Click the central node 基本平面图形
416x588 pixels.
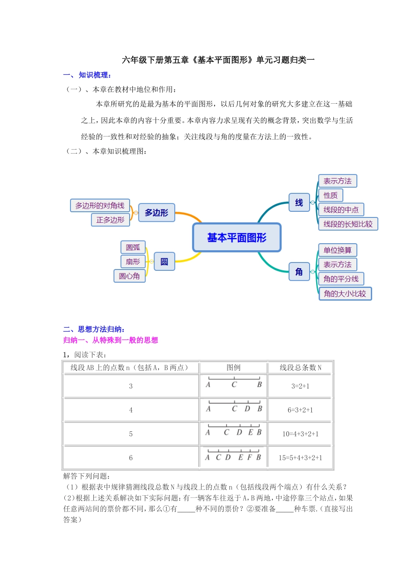236,238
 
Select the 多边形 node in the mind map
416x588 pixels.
156,213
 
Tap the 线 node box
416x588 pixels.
299,203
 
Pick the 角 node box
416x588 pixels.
299,272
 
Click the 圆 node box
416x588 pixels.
164,262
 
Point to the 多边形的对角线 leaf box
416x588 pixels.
100,206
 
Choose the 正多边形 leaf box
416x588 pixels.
110,220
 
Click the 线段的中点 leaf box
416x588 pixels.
341,210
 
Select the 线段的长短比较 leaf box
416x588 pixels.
348,224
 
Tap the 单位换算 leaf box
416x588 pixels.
337,250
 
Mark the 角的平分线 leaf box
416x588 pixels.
341,279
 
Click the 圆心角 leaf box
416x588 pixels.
129,276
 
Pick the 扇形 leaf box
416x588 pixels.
133,262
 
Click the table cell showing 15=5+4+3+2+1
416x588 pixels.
300,458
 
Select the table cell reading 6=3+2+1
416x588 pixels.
300,410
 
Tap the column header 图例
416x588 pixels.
233,367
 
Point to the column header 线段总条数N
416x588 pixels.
300,367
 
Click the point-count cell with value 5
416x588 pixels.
130,434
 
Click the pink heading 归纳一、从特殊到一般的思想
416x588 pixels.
110,340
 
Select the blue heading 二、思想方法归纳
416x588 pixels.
94,329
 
